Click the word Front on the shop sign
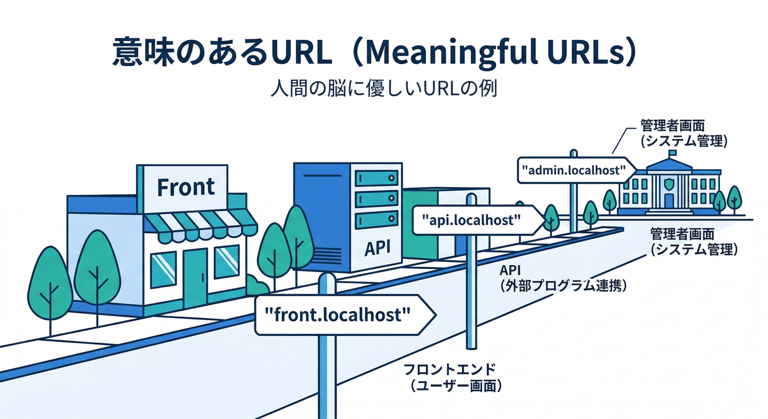coord(185,188)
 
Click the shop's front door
coord(195,278)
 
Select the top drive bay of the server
coord(376,178)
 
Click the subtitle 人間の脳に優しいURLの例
coord(383,88)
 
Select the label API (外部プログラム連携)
coord(562,278)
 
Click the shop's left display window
coord(163,269)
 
